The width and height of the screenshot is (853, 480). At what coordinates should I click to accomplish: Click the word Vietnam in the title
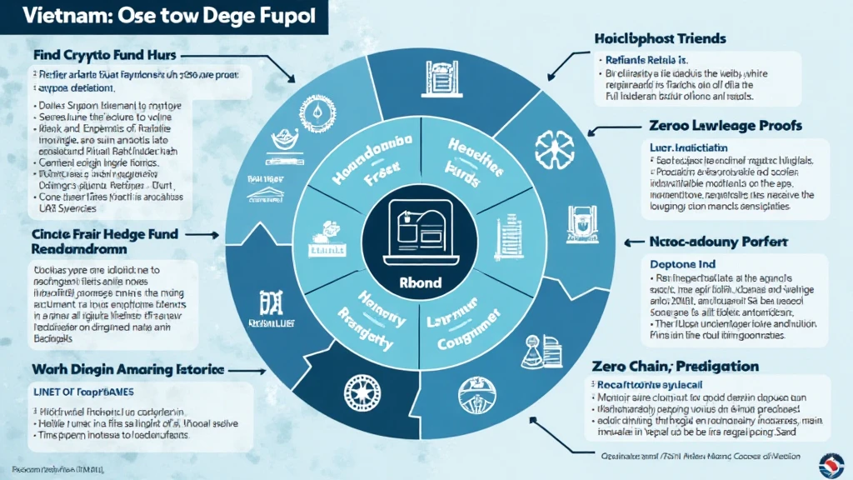[x=57, y=20]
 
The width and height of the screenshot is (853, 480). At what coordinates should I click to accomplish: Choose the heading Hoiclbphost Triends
[x=660, y=38]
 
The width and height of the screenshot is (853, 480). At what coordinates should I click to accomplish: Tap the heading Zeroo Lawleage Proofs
[x=725, y=126]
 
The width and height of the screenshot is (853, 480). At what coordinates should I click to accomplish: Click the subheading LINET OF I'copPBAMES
[x=88, y=391]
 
